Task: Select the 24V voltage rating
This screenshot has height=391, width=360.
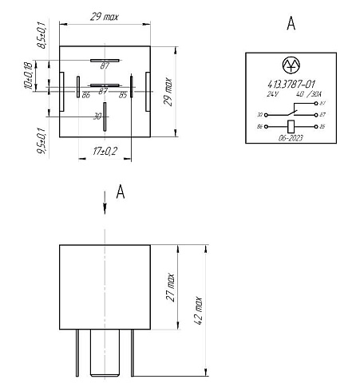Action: [274, 93]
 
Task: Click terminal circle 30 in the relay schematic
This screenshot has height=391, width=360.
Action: [266, 114]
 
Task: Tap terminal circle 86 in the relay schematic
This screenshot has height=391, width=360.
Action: [266, 126]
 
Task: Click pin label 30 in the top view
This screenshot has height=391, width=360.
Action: [97, 116]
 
